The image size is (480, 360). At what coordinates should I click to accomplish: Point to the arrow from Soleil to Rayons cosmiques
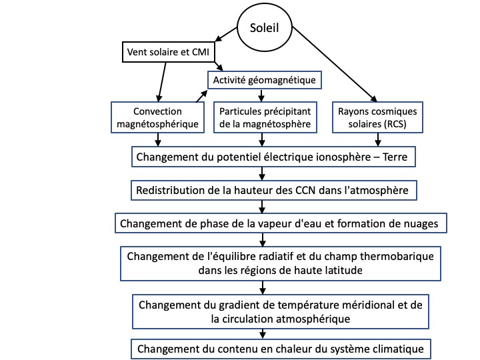(335, 64)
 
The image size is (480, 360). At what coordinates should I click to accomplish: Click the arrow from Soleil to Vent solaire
(226, 34)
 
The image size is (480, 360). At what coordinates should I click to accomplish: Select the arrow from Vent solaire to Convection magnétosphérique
(162, 82)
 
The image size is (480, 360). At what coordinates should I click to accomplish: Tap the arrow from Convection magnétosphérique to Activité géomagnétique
(201, 96)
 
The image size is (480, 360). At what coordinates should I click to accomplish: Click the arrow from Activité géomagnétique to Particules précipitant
(261, 95)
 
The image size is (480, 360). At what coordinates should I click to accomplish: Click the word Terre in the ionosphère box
(395, 157)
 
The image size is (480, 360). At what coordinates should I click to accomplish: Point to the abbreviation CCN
(305, 191)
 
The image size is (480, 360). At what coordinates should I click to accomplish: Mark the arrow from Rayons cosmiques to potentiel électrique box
(378, 140)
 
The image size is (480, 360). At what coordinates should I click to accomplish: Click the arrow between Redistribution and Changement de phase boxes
(262, 207)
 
